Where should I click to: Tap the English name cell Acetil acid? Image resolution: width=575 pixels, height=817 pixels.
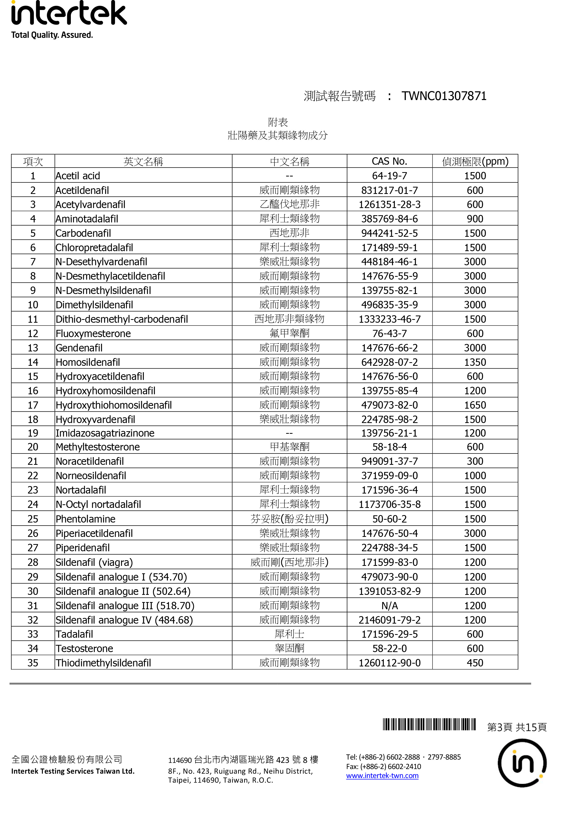point(78,176)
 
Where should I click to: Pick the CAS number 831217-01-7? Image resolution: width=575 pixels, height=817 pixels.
point(389,190)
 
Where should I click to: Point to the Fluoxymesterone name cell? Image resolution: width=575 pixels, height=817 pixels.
point(93,333)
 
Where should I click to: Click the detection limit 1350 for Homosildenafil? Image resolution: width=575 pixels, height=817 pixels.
point(475,362)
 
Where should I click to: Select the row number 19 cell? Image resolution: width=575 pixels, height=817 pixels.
point(33,433)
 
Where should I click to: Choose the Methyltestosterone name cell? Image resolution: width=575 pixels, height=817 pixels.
point(98,447)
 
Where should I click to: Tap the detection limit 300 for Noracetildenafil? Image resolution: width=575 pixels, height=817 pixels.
point(475,461)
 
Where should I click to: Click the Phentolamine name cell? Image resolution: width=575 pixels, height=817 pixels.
point(85,519)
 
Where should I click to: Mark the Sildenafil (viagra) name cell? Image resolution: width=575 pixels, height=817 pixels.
point(94,562)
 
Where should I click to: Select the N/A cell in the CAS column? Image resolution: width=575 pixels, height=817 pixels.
point(389,605)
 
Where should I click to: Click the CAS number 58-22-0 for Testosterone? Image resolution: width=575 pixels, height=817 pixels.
point(389,648)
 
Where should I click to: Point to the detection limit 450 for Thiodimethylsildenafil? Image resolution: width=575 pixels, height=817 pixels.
point(475,663)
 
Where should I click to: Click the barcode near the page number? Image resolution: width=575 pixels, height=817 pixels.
point(429,724)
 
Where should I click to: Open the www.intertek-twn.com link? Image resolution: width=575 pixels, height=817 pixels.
point(382,776)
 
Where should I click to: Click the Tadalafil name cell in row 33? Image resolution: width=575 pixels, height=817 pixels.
point(74,634)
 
